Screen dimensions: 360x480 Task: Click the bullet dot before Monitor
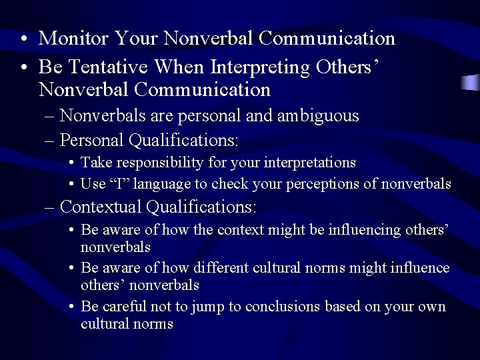(24, 39)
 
